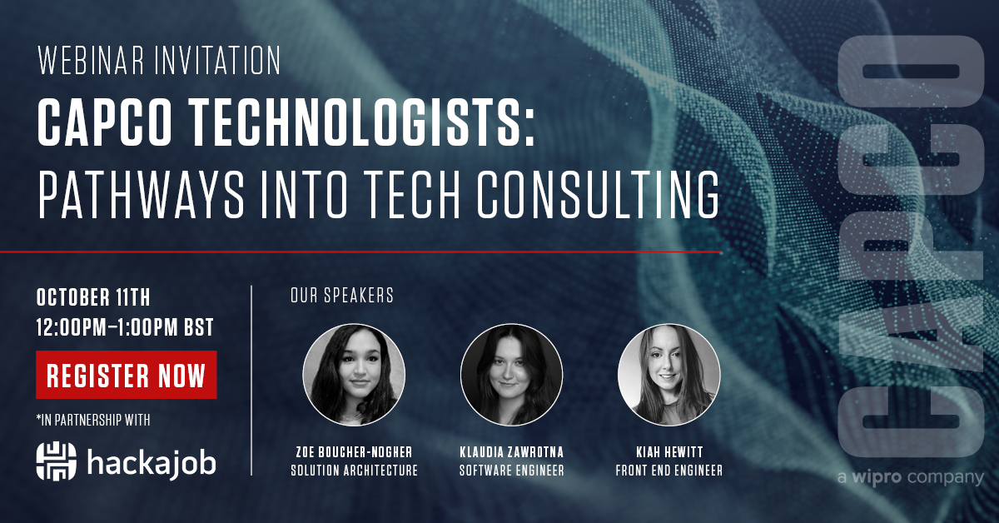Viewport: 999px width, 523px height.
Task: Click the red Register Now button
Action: [x=127, y=376]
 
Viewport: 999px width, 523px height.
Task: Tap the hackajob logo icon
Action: [x=56, y=461]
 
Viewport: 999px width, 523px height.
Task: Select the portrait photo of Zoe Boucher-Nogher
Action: [x=354, y=376]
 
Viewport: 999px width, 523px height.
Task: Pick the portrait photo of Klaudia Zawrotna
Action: [x=511, y=376]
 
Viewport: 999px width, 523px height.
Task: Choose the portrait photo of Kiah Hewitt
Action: [x=668, y=376]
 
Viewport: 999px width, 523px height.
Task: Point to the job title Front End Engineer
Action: [x=668, y=471]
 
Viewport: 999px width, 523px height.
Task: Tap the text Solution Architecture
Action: [x=354, y=471]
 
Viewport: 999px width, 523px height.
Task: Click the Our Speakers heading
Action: [x=341, y=296]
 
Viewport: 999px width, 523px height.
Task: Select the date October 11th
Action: [x=93, y=297]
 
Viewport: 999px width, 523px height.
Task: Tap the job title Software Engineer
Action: [x=511, y=471]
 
